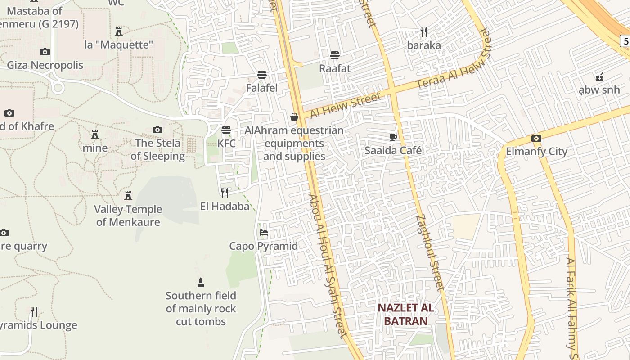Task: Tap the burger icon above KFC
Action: click(x=226, y=130)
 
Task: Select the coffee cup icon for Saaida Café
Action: click(x=393, y=137)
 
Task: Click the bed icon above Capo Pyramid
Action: click(x=264, y=233)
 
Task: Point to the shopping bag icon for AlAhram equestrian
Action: click(x=294, y=117)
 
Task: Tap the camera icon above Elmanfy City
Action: click(x=536, y=138)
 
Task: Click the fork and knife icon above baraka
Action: click(x=424, y=31)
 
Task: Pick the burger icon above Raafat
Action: click(x=334, y=55)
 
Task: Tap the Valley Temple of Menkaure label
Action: click(x=128, y=216)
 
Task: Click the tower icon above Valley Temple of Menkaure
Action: click(x=128, y=196)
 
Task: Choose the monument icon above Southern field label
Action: click(x=201, y=283)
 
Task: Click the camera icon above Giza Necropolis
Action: click(x=45, y=52)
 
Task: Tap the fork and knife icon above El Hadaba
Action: click(x=225, y=193)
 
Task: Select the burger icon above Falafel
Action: click(x=262, y=75)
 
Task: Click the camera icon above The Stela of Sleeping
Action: click(x=157, y=130)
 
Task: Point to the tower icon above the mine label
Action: click(x=95, y=135)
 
